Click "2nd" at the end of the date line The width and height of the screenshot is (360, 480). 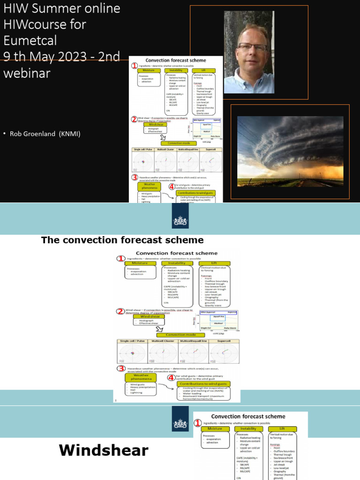point(107,56)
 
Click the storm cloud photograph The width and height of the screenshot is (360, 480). point(290,151)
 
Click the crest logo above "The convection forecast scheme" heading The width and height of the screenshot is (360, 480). point(180,219)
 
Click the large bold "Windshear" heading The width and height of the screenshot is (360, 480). point(104,451)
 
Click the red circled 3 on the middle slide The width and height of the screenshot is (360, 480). point(120,369)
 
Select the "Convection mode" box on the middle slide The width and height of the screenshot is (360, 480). point(178,334)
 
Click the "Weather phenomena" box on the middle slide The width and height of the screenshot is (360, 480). point(141,377)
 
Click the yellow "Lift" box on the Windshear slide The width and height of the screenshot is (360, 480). point(282,428)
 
